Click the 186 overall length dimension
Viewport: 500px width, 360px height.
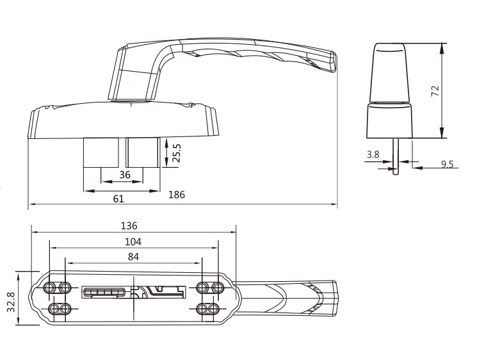point(177,194)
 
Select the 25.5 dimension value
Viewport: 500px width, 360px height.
point(176,153)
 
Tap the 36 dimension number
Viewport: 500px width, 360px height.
point(125,175)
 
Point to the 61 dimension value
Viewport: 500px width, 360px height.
point(118,199)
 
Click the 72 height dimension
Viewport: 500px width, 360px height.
point(435,91)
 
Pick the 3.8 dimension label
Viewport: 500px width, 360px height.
point(373,154)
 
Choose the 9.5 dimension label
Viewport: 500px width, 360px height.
point(447,164)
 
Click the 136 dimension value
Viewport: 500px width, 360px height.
point(129,226)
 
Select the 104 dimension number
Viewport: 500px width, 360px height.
point(133,242)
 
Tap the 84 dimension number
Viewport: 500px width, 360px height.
point(133,257)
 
